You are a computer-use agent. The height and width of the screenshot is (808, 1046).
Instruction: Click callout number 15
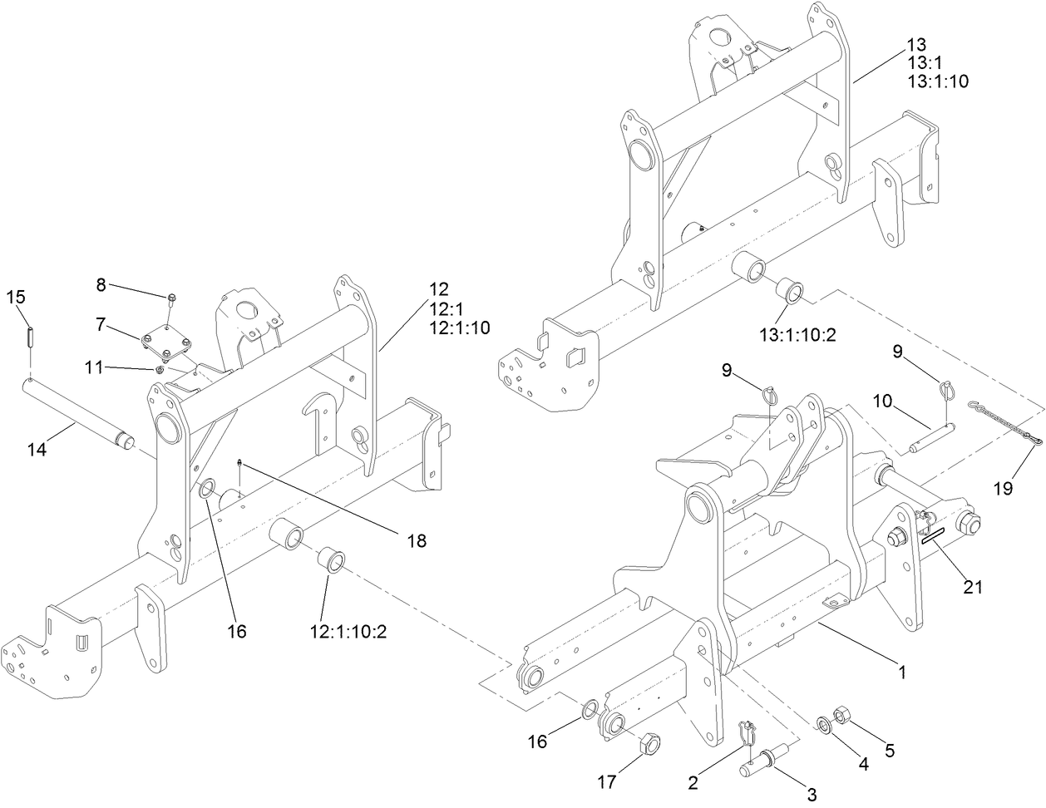click(x=16, y=297)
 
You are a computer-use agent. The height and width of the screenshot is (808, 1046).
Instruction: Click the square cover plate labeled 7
click(x=166, y=346)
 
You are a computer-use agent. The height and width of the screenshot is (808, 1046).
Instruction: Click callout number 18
click(x=416, y=540)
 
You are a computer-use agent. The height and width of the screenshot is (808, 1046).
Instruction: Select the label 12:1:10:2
click(x=350, y=631)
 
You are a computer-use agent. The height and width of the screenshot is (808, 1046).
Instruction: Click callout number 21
click(x=972, y=587)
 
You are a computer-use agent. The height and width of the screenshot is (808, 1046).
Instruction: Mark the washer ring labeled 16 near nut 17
click(x=587, y=709)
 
